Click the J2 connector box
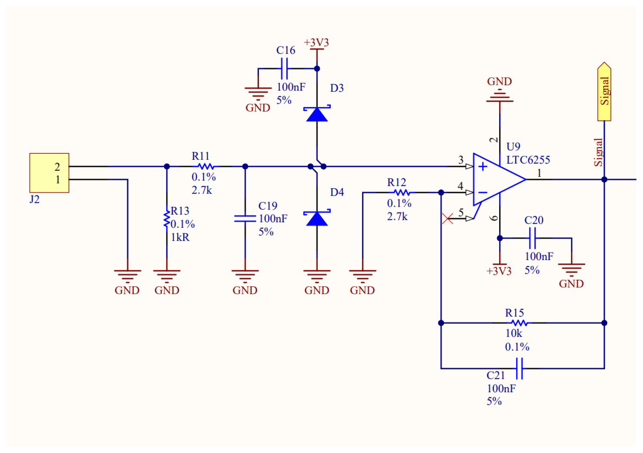[49, 173]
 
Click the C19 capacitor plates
[245, 218]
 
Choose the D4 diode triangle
[317, 219]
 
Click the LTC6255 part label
[528, 160]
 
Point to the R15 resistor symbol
[519, 323]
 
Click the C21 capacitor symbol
[519, 368]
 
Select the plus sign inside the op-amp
[483, 167]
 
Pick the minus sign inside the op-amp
[483, 193]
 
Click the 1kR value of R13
[180, 237]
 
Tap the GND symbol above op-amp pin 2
[500, 97]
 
